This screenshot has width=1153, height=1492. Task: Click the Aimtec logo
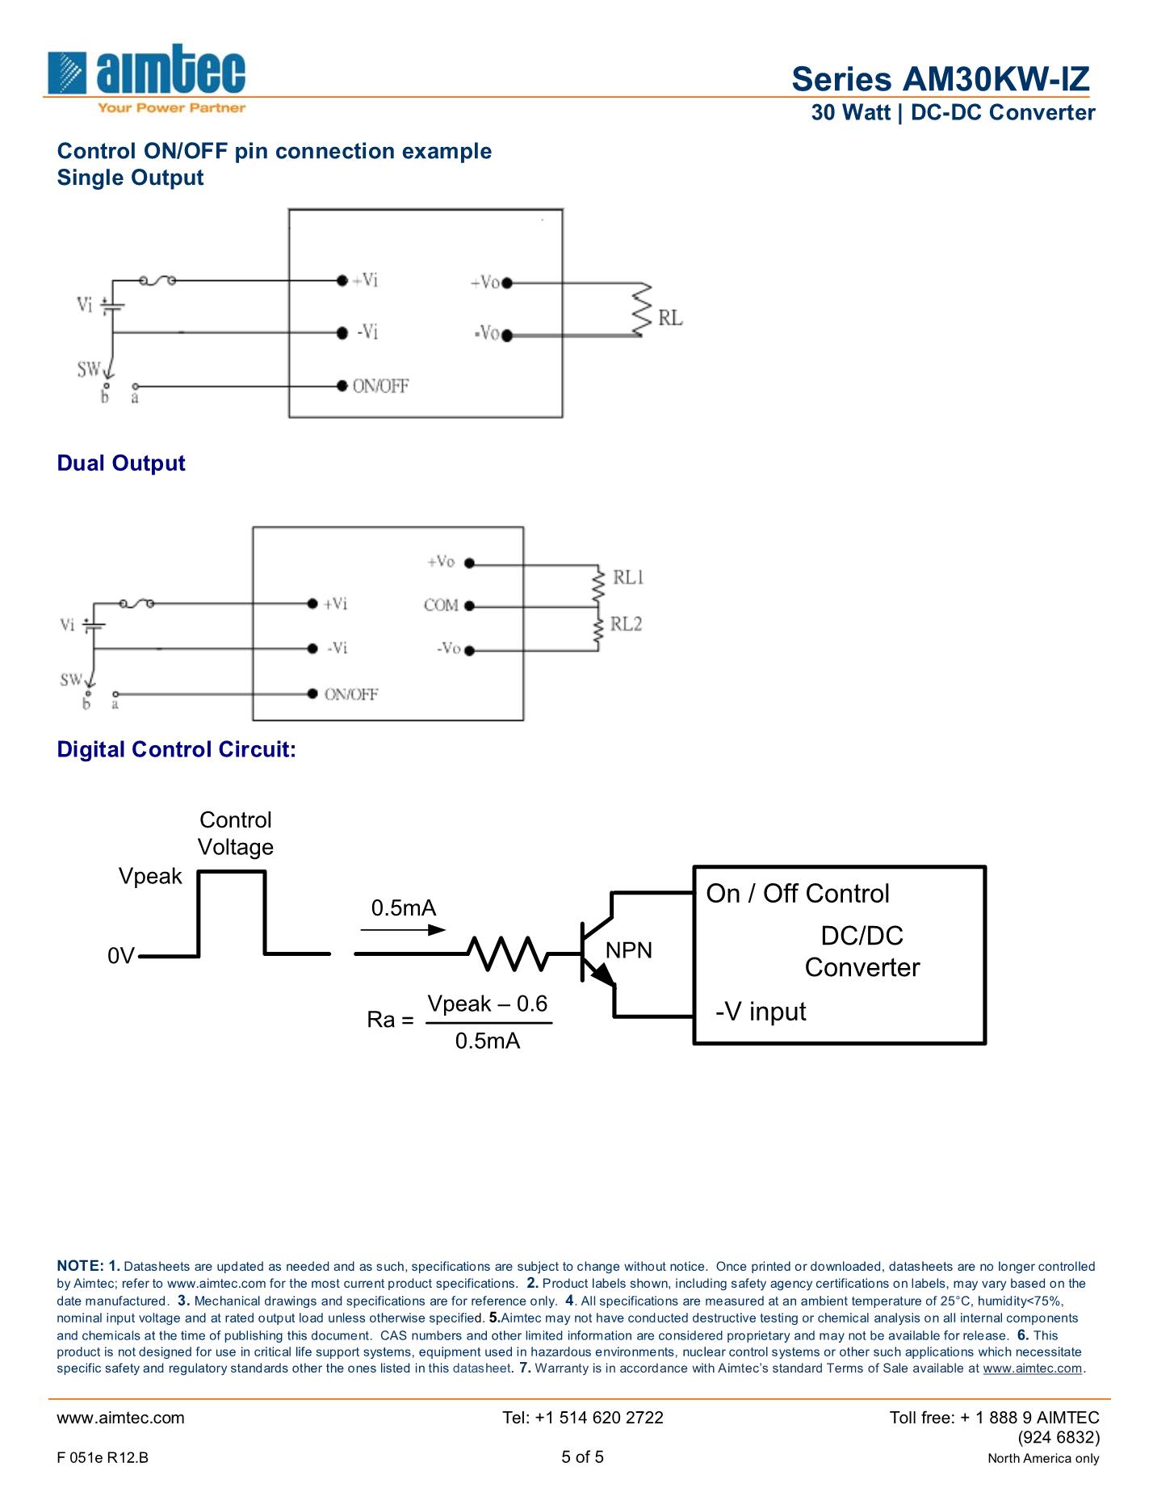tap(147, 78)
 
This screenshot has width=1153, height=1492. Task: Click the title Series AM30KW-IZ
tap(940, 79)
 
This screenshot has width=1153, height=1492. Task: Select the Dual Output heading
tap(121, 463)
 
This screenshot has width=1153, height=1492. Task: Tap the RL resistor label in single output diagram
tap(670, 318)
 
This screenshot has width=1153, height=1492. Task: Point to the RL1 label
tap(627, 577)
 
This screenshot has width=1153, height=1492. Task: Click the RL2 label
tap(626, 624)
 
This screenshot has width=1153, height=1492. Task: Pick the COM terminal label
tap(441, 606)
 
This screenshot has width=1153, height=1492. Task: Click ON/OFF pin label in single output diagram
tap(380, 386)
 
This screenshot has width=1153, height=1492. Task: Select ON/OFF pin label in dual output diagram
tap(351, 694)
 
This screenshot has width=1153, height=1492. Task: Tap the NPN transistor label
tap(628, 950)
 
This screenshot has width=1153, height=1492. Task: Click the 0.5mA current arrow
tap(403, 929)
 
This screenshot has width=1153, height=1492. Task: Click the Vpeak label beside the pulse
tap(150, 877)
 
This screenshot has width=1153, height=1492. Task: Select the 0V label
tap(121, 956)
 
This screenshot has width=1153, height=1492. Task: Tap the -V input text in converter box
tap(761, 1012)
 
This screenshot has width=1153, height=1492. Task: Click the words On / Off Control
tap(798, 894)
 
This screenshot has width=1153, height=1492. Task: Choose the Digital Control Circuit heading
tap(176, 750)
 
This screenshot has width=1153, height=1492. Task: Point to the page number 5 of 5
tap(582, 1457)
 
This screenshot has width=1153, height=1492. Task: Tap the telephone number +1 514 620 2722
tap(582, 1418)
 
